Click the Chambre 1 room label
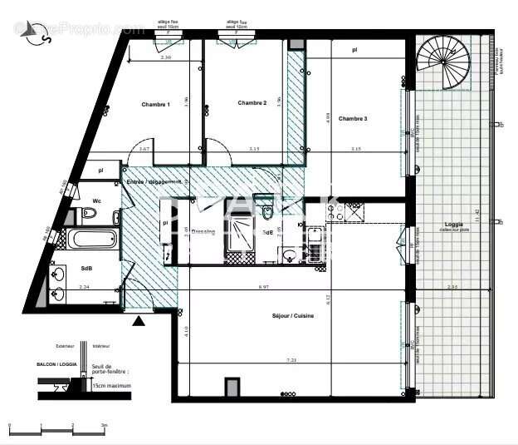pyautogui.click(x=155, y=105)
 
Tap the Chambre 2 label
pyautogui.click(x=252, y=103)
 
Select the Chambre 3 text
pyautogui.click(x=353, y=119)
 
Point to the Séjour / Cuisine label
pyautogui.click(x=292, y=316)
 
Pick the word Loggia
pyautogui.click(x=453, y=225)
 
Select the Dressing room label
pyautogui.click(x=203, y=232)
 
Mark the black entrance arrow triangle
pyautogui.click(x=139, y=319)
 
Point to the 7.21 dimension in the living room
pyautogui.click(x=291, y=361)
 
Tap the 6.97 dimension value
pyautogui.click(x=264, y=287)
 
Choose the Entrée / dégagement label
pyautogui.click(x=154, y=182)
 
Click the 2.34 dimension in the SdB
pyautogui.click(x=83, y=287)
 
